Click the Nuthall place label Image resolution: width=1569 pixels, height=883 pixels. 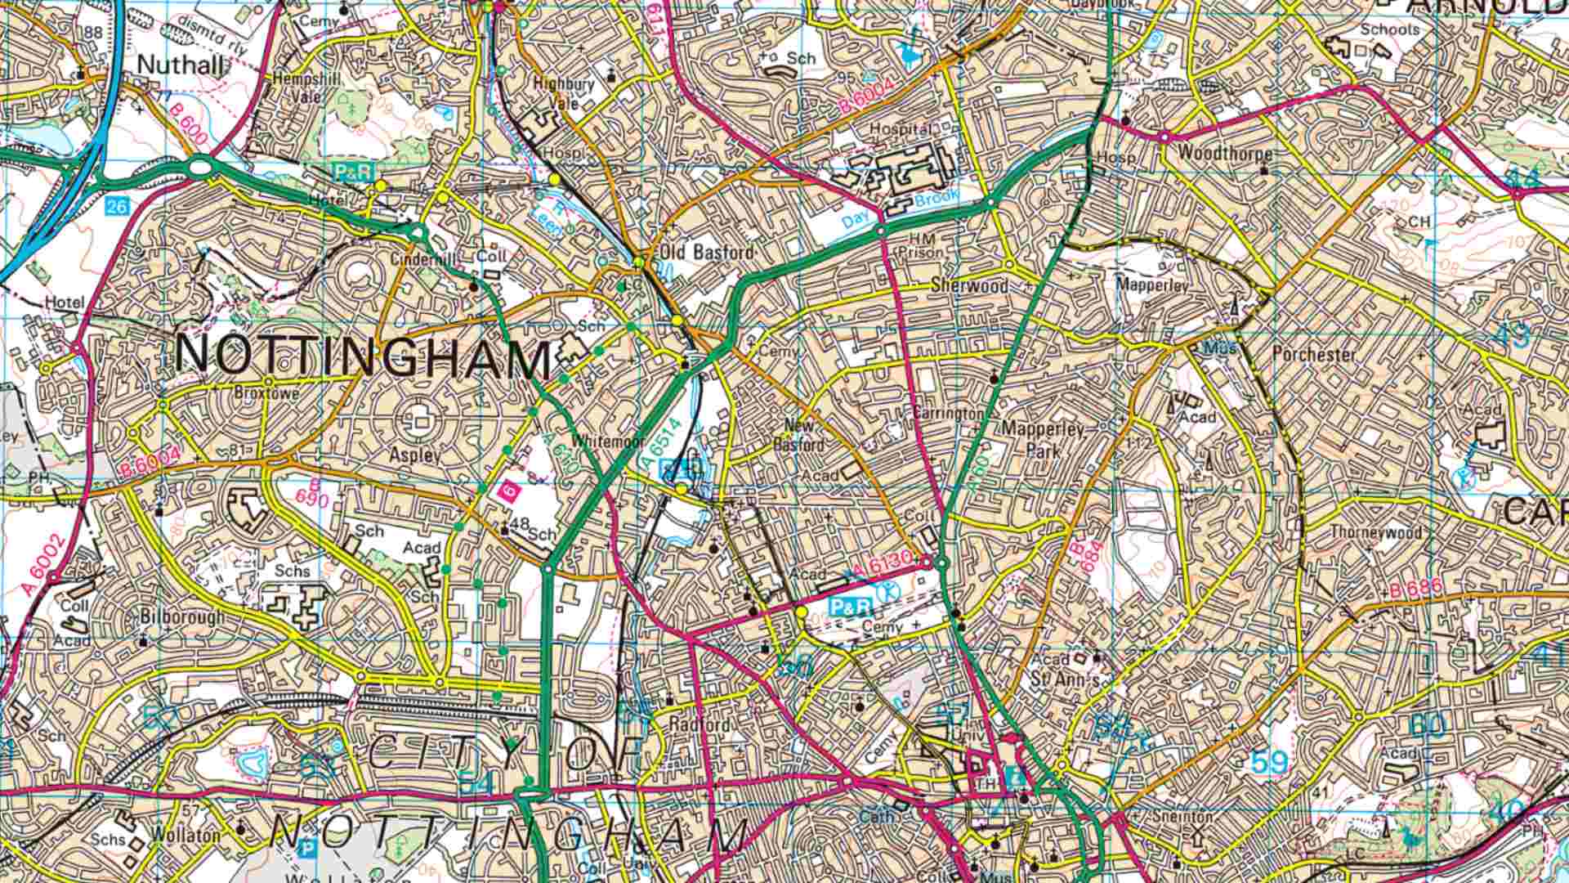click(x=181, y=65)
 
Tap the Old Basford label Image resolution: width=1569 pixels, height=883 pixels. click(x=707, y=252)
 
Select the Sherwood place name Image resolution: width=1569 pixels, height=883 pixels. click(x=969, y=286)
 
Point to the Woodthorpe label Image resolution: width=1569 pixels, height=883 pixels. click(x=1225, y=154)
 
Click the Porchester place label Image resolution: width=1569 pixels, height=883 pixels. click(x=1313, y=355)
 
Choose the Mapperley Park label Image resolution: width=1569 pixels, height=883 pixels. click(x=1043, y=439)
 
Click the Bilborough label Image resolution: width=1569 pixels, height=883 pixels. click(x=181, y=617)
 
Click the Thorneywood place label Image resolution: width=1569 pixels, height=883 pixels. click(x=1375, y=531)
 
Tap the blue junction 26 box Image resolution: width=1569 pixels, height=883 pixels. click(x=117, y=206)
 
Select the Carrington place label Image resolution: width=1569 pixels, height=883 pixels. click(x=948, y=413)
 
